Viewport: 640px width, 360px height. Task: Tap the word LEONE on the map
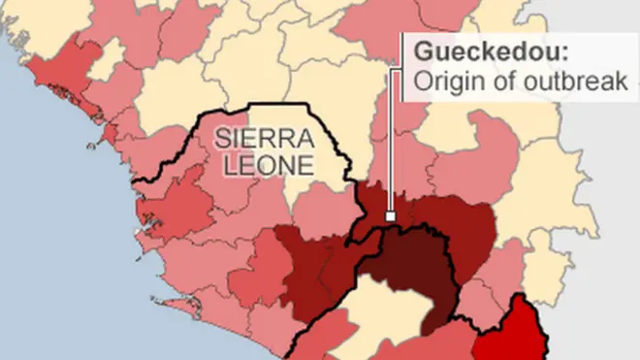(x=268, y=165)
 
